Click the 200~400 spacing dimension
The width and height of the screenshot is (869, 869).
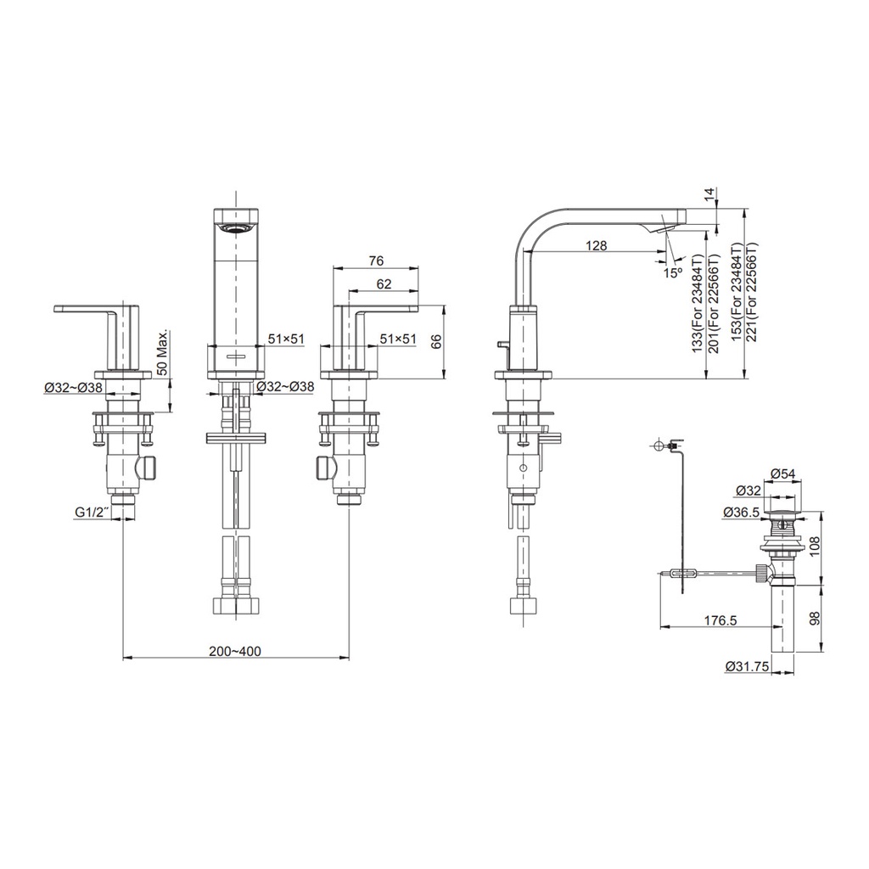(x=234, y=651)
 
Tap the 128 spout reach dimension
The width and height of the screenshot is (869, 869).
(x=596, y=245)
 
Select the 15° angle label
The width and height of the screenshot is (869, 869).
(x=672, y=272)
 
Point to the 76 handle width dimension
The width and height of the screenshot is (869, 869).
(x=375, y=261)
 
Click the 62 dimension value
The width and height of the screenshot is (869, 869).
(x=384, y=283)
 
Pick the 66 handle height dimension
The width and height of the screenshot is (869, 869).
(x=437, y=342)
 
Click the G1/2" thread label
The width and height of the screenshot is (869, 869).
(x=92, y=513)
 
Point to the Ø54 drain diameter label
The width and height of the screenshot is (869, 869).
(x=783, y=474)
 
